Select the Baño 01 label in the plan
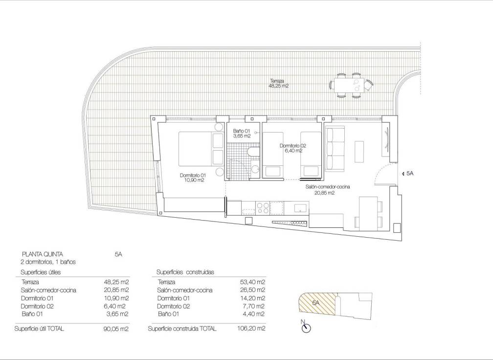[242, 134]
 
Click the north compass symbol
[306, 327]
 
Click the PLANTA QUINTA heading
[41, 254]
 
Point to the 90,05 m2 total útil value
[117, 329]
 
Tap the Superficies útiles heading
[41, 272]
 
